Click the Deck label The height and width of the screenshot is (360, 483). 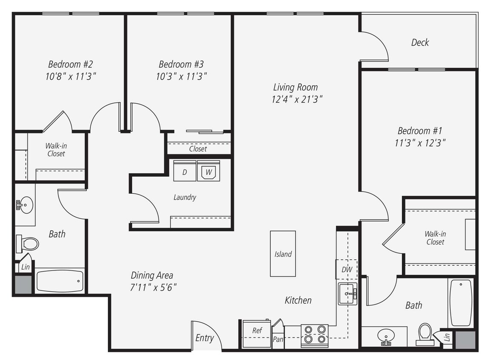tap(420, 42)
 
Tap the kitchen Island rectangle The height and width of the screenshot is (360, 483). tap(283, 254)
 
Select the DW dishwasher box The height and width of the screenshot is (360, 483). tap(346, 269)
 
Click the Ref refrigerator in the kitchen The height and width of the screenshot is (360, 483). tap(257, 331)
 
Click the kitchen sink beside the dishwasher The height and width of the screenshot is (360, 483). tap(348, 293)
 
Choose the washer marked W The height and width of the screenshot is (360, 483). tap(208, 171)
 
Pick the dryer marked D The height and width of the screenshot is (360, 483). tap(185, 171)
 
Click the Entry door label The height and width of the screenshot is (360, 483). tap(204, 338)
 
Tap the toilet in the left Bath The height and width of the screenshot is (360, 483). tap(28, 244)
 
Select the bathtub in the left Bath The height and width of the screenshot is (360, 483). tap(60, 281)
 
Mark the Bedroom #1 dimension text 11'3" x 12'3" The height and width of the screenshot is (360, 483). tap(420, 143)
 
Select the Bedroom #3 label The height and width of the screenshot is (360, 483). tap(181, 64)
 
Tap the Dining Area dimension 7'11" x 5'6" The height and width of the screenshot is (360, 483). tap(153, 287)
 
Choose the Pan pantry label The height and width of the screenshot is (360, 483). tap(278, 340)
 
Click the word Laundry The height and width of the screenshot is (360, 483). tap(185, 197)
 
